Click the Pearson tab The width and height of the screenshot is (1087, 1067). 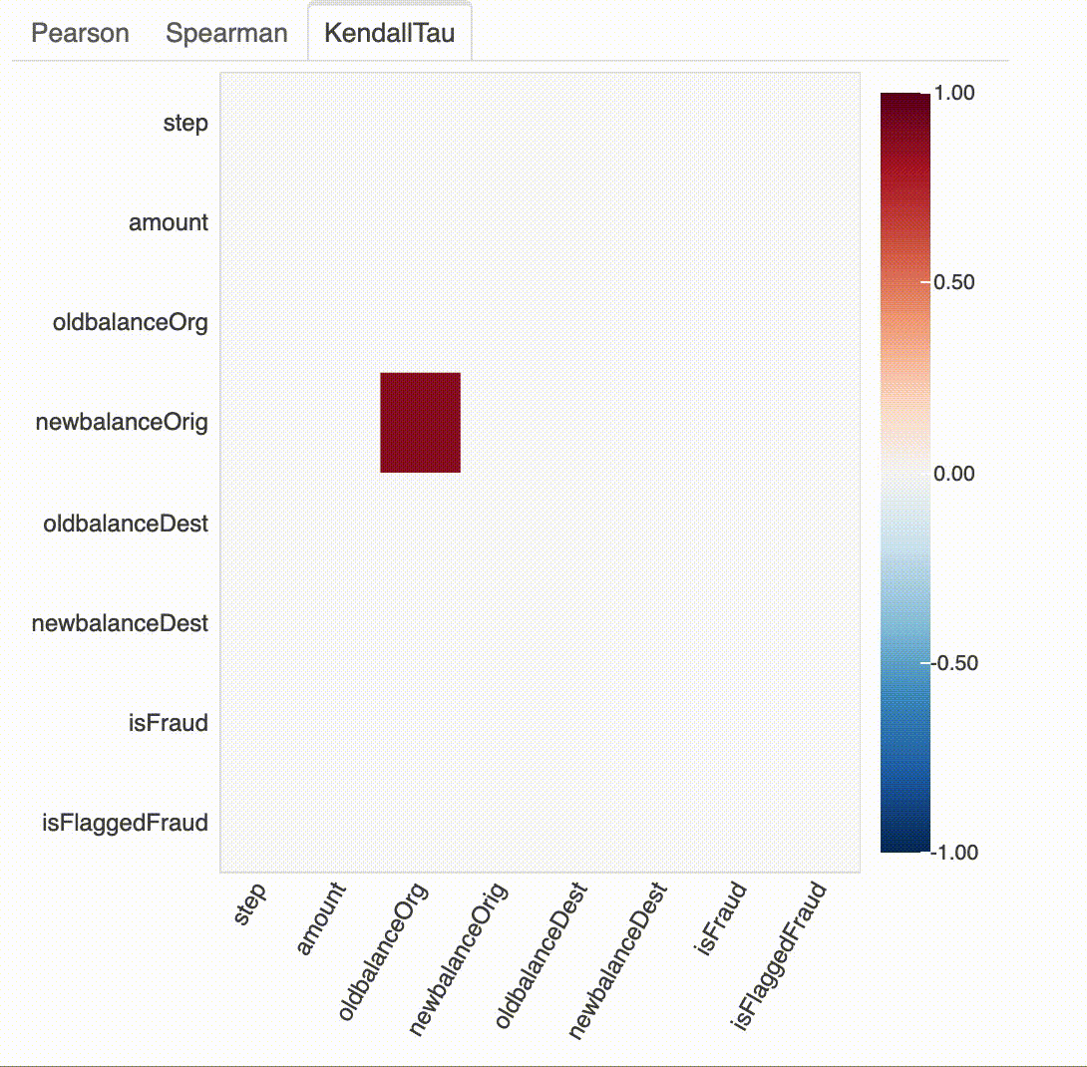80,33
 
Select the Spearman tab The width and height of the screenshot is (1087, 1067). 226,33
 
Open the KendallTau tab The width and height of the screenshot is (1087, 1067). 389,33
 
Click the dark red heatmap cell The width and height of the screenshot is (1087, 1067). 420,422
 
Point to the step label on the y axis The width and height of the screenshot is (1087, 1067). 185,123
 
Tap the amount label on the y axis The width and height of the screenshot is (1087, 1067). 169,222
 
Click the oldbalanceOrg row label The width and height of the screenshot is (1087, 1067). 131,323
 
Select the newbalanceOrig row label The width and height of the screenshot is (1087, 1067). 122,423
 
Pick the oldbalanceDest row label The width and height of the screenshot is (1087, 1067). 126,523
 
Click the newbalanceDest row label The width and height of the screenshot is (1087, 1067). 121,623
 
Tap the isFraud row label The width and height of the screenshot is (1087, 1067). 169,723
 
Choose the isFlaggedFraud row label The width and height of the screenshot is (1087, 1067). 125,823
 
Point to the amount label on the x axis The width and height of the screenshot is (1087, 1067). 321,918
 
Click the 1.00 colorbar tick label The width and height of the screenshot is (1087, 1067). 953,92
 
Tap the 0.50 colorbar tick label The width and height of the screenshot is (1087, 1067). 953,282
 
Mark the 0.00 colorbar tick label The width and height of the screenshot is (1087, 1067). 953,473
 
